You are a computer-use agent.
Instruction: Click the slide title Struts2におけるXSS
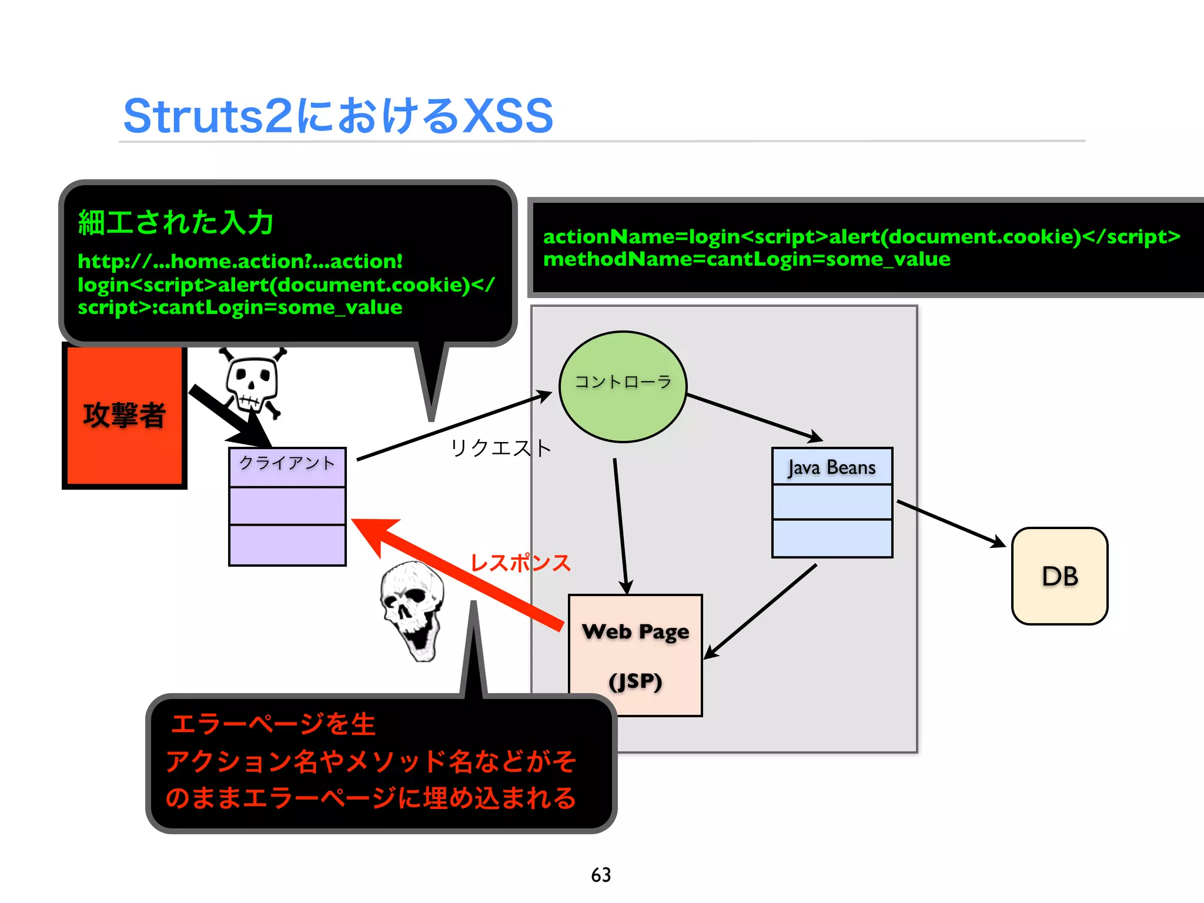pos(338,116)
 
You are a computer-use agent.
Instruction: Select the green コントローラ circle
pos(623,386)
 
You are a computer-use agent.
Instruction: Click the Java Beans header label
pos(831,467)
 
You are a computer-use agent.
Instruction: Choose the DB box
pos(1059,576)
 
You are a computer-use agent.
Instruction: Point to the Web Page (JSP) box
pos(635,655)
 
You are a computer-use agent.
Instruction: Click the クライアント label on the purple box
pos(287,463)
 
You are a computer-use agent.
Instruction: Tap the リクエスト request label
pos(500,448)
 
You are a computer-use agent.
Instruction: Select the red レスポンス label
pos(520,563)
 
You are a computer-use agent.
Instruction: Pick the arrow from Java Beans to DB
pos(950,523)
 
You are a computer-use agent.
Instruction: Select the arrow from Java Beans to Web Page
pos(761,611)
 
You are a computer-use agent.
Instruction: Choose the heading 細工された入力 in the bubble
pos(175,223)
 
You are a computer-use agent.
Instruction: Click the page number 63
pos(601,875)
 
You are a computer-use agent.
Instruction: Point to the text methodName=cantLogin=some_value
pos(746,259)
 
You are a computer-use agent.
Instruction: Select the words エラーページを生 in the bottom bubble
pos(273,724)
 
